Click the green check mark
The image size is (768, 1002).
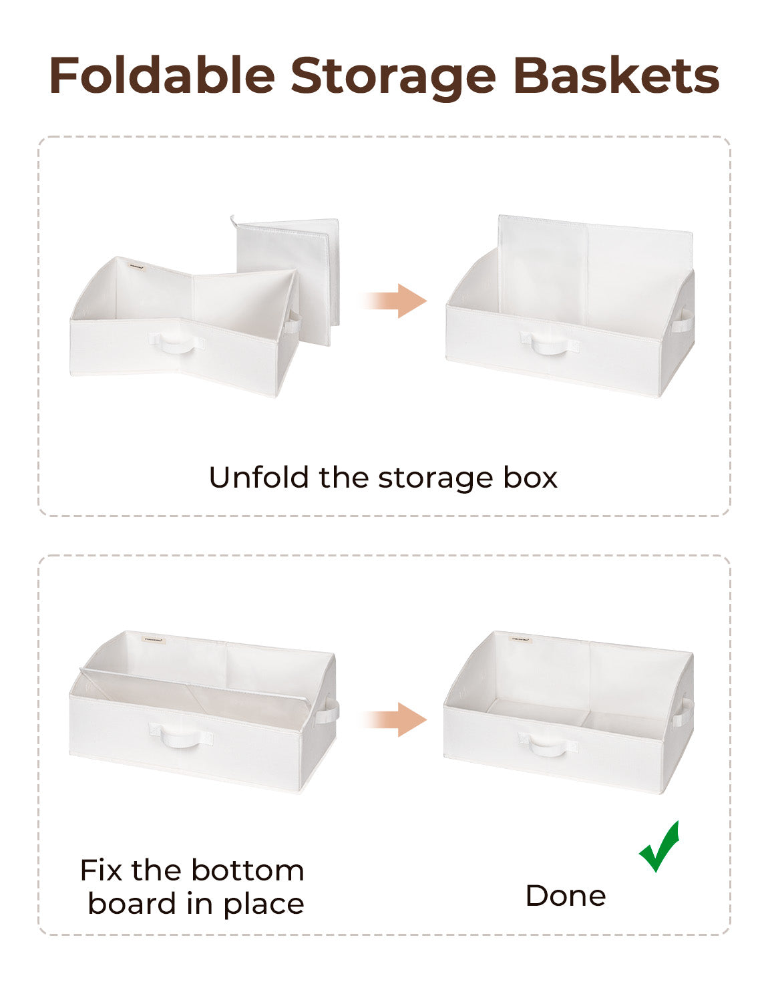coord(660,847)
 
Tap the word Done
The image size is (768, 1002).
coord(566,896)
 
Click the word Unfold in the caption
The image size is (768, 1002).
coord(260,478)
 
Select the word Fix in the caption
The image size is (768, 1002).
coord(102,870)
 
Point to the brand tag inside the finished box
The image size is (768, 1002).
coord(520,639)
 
